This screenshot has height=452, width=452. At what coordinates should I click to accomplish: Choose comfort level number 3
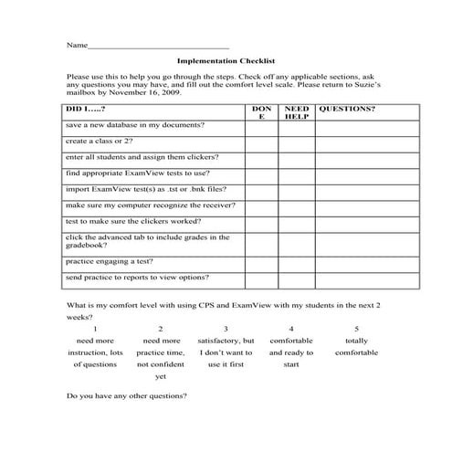(x=226, y=328)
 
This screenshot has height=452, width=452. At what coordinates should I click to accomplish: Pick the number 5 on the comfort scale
(x=356, y=328)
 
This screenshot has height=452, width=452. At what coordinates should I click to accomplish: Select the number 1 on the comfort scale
(x=95, y=328)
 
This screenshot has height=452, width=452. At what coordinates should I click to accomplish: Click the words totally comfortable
(x=356, y=346)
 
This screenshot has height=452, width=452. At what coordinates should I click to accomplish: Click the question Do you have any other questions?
(x=128, y=396)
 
